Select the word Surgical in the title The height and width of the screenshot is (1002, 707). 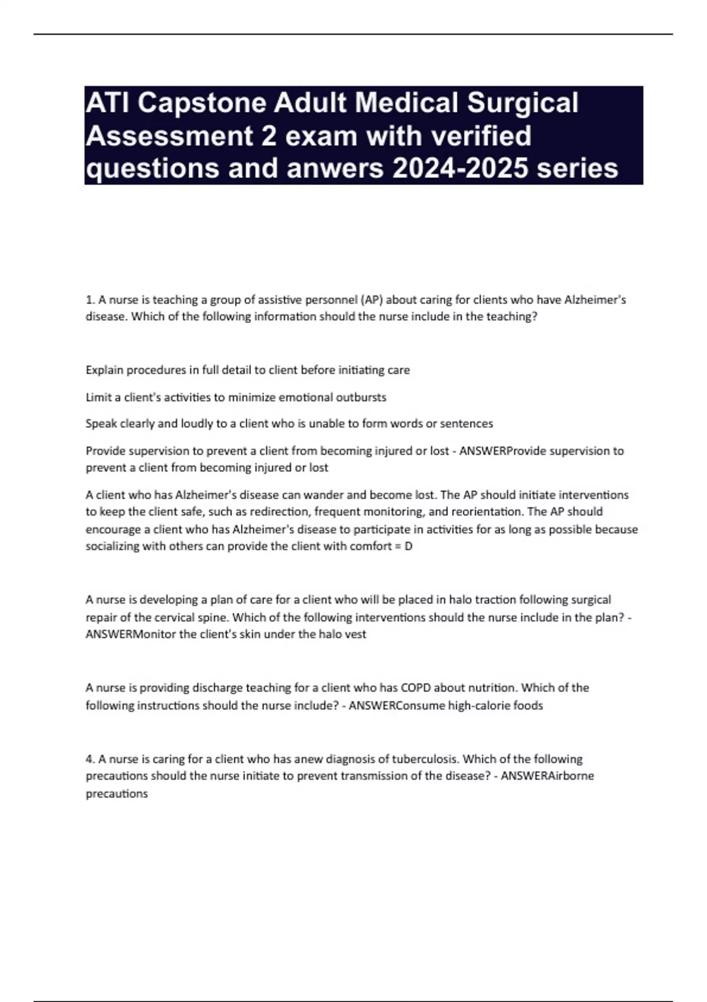click(x=523, y=103)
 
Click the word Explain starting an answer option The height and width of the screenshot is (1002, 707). click(x=104, y=370)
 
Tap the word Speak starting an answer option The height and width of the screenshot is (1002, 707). click(x=101, y=424)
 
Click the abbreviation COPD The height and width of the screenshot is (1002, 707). click(x=416, y=688)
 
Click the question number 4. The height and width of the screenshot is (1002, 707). click(x=89, y=759)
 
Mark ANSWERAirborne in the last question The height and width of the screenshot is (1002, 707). click(x=547, y=776)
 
